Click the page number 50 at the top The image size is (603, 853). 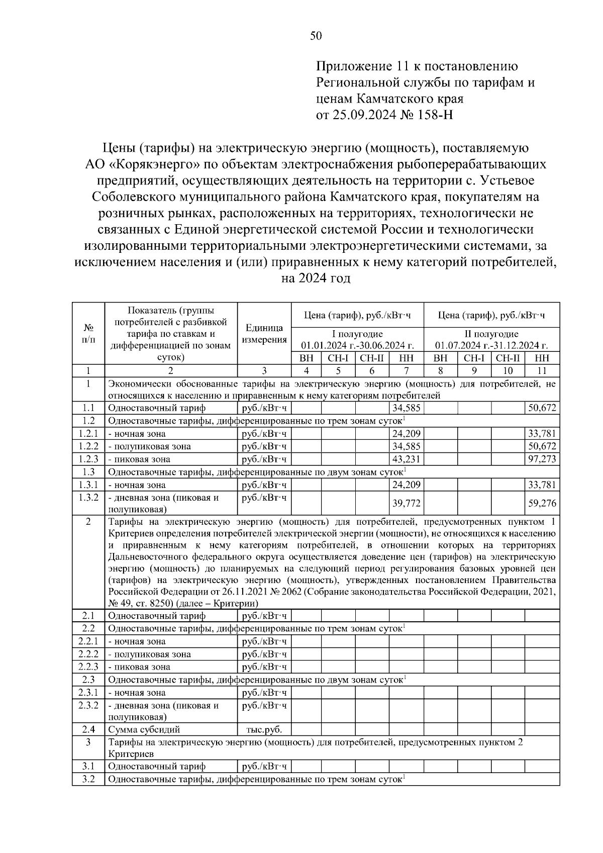coord(316,36)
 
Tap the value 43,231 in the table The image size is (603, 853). coord(407,459)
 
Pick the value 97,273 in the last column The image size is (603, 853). coord(542,459)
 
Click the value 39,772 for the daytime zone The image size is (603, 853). coord(407,503)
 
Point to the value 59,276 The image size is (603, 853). coord(542,503)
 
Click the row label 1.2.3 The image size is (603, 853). coord(88,459)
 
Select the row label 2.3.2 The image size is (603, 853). coord(88,705)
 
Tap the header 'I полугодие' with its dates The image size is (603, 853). coord(357,340)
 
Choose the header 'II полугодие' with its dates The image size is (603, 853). coord(491,340)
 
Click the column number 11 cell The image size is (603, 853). coord(542,371)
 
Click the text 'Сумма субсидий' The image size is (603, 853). coord(144,729)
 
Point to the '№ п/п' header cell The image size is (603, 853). coord(88,334)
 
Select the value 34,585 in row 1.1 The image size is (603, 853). coord(407,408)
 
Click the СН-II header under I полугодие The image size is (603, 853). coord(372,358)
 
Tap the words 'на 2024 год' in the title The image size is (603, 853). coord(316,278)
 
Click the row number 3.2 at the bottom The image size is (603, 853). coord(88,779)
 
